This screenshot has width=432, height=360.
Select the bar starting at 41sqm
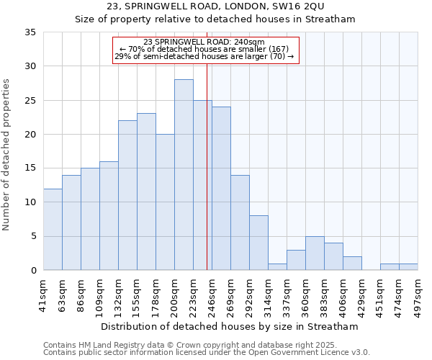53,230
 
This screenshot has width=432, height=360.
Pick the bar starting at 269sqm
240,222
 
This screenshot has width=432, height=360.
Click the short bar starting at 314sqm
277,267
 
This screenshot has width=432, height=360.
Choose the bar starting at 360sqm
315,253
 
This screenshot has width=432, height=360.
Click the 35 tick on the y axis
30,32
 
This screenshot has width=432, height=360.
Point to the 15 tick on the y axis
30,168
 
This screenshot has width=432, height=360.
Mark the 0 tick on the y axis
32,271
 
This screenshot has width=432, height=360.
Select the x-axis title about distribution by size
230,327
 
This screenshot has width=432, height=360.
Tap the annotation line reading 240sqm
204,42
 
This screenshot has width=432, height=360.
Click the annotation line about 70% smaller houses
204,49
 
